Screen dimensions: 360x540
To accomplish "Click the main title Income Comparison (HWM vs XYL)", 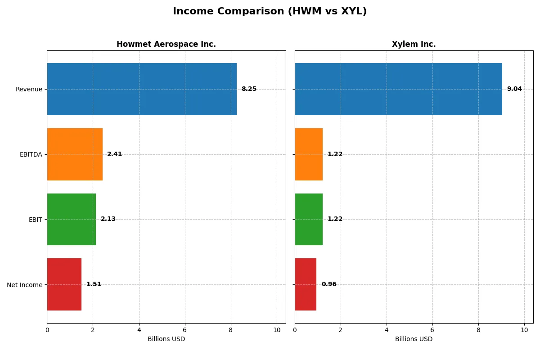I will pyautogui.click(x=270, y=11).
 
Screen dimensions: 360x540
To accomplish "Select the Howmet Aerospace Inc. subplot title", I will pyautogui.click(x=166, y=44).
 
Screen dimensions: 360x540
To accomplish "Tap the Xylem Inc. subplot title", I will pyautogui.click(x=414, y=44).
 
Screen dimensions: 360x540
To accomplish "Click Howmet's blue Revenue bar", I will pyautogui.click(x=142, y=89).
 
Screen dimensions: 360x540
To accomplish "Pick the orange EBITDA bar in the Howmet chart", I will pyautogui.click(x=75, y=154).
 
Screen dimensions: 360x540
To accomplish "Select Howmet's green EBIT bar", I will pyautogui.click(x=71, y=219).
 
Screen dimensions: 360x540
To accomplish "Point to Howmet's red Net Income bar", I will pyautogui.click(x=64, y=284).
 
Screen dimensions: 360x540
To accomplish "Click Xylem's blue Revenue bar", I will pyautogui.click(x=398, y=89).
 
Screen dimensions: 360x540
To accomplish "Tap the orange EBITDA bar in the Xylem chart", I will pyautogui.click(x=309, y=154).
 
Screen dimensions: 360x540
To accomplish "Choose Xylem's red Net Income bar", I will pyautogui.click(x=306, y=284).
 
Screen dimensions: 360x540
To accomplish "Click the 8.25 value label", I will pyautogui.click(x=249, y=89).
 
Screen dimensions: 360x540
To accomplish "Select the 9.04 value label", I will pyautogui.click(x=514, y=89).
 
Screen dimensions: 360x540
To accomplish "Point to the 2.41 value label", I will pyautogui.click(x=114, y=154).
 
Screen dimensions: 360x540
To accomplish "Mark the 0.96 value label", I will pyautogui.click(x=329, y=284).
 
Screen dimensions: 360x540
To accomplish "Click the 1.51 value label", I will pyautogui.click(x=94, y=284).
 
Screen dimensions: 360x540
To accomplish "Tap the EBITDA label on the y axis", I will pyautogui.click(x=31, y=154).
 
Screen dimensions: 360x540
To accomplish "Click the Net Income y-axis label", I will pyautogui.click(x=25, y=284).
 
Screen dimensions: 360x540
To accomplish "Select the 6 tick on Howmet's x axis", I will pyautogui.click(x=185, y=330).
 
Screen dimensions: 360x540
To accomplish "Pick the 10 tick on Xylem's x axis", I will pyautogui.click(x=524, y=330).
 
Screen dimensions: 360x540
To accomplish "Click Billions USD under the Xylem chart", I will pyautogui.click(x=414, y=339).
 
